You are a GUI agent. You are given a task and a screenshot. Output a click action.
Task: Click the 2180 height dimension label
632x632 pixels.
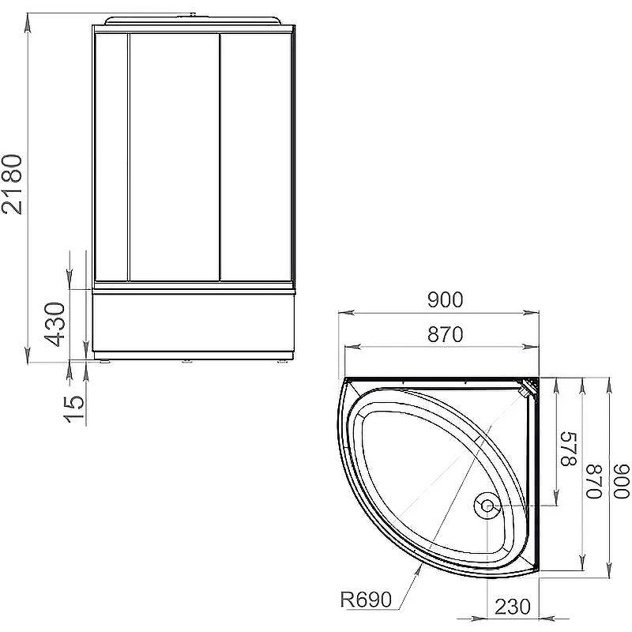11,184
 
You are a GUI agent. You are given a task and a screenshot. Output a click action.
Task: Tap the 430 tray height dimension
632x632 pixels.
55,325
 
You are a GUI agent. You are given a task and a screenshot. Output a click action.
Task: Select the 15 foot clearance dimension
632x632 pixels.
74,408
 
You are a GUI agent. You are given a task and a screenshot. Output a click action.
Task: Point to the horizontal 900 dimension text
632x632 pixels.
445,300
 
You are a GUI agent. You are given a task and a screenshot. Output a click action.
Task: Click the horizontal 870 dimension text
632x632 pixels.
445,334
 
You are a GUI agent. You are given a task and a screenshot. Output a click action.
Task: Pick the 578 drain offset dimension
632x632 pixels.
569,449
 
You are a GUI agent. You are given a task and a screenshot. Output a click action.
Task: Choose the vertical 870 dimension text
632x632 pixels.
593,481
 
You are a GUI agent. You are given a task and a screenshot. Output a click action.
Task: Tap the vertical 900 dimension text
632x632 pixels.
621,481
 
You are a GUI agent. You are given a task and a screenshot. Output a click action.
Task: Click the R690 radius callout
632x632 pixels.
366,600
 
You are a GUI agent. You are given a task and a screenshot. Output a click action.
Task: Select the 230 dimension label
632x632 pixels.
512,607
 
